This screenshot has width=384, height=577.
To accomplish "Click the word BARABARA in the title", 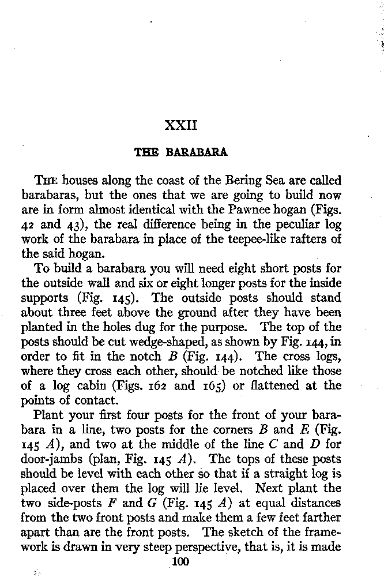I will (197, 153).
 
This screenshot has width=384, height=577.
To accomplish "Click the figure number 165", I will (210, 385).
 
